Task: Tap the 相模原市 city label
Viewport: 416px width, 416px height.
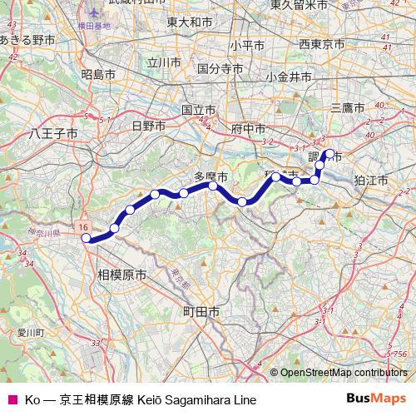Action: [121, 274]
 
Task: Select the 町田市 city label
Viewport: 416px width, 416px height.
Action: [201, 311]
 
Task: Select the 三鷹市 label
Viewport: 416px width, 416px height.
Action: [348, 107]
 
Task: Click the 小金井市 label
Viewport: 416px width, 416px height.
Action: [289, 77]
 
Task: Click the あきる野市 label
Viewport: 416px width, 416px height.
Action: [27, 39]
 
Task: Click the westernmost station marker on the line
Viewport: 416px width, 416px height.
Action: [86, 238]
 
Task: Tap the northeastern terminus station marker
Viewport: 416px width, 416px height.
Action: [329, 153]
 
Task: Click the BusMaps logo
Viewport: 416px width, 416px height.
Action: [381, 400]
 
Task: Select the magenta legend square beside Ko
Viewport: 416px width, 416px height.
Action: [11, 400]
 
